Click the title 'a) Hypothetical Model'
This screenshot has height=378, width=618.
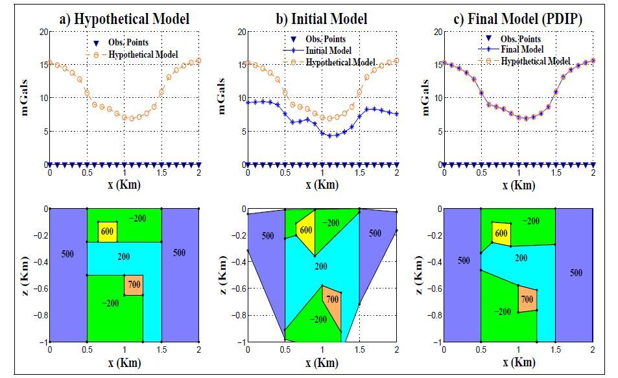(x=124, y=19)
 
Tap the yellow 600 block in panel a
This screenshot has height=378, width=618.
(x=108, y=231)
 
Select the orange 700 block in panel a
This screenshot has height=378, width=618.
(x=134, y=285)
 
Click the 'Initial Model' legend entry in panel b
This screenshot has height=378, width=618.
(x=331, y=51)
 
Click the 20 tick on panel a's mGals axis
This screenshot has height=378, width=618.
(x=43, y=31)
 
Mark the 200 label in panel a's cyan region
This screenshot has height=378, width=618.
(x=123, y=257)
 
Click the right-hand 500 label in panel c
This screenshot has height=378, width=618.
(x=576, y=273)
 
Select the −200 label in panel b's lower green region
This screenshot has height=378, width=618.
(x=318, y=320)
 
